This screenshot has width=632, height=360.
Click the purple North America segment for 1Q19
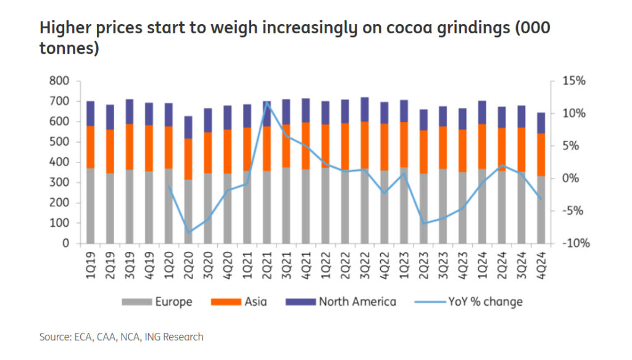(x=91, y=114)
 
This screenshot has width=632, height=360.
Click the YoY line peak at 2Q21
(x=267, y=103)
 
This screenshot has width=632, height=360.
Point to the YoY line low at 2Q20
(x=189, y=232)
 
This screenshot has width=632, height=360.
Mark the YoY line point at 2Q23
(x=423, y=223)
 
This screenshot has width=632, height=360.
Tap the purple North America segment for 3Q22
(x=364, y=109)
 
